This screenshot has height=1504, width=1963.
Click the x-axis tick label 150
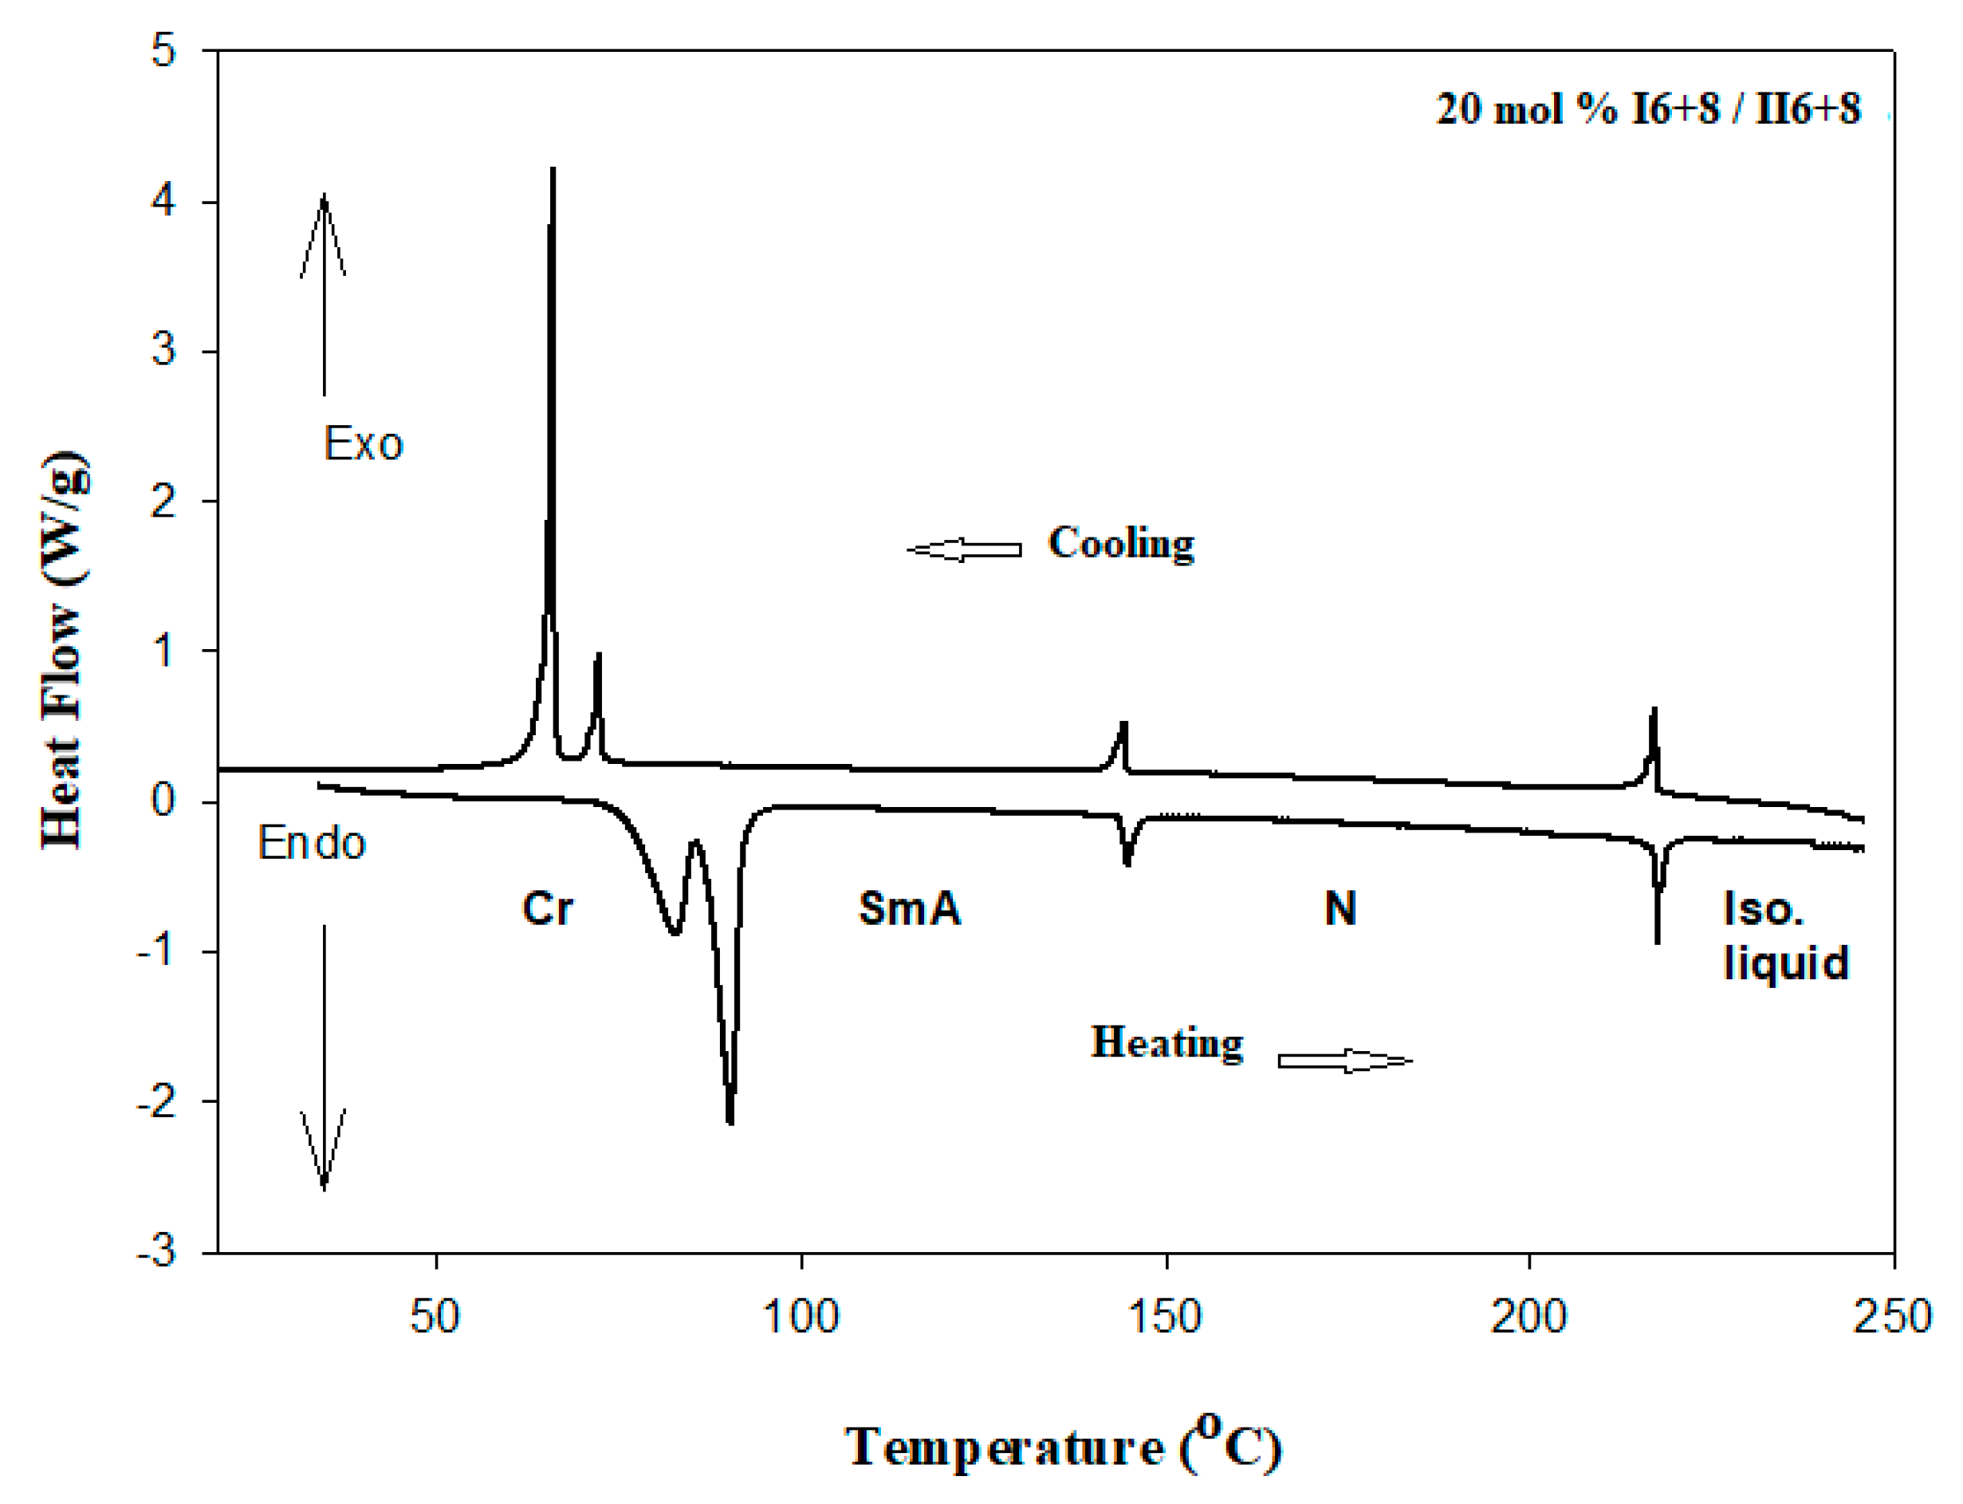click(1165, 1317)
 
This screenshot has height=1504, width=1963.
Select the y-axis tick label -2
click(155, 1103)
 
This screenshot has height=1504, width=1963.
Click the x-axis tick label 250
click(1892, 1317)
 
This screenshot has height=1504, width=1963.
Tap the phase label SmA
click(910, 908)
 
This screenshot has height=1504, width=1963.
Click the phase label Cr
click(547, 908)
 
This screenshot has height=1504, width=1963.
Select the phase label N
click(1340, 908)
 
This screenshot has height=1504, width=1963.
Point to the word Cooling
click(1121, 543)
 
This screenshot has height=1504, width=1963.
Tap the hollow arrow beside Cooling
click(964, 549)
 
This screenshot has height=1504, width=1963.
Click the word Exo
click(363, 444)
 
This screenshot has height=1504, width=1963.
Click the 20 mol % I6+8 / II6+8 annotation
click(1648, 109)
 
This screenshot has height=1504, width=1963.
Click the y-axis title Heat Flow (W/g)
click(65, 652)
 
